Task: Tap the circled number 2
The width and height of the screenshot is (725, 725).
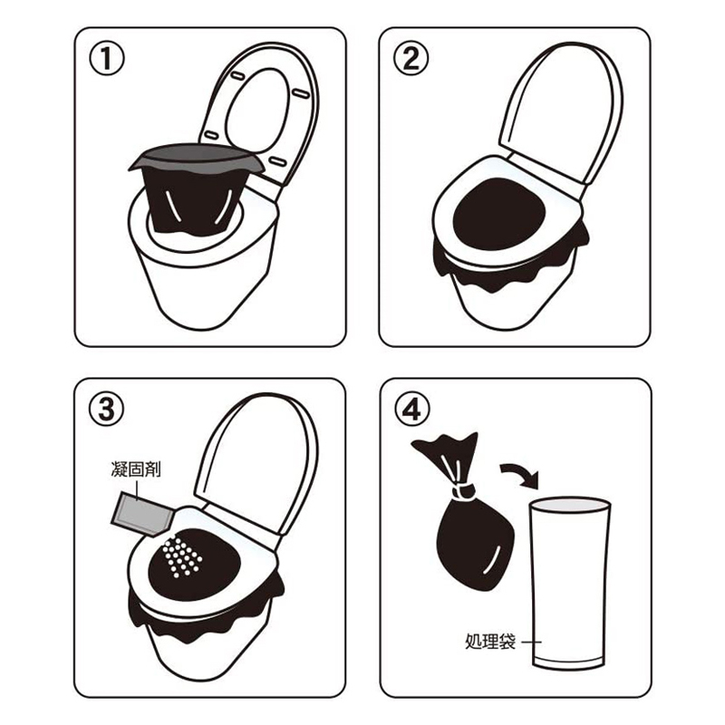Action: tap(412, 61)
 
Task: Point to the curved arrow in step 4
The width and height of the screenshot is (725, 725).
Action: tap(519, 474)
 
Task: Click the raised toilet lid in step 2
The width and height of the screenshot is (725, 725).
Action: tap(562, 118)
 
